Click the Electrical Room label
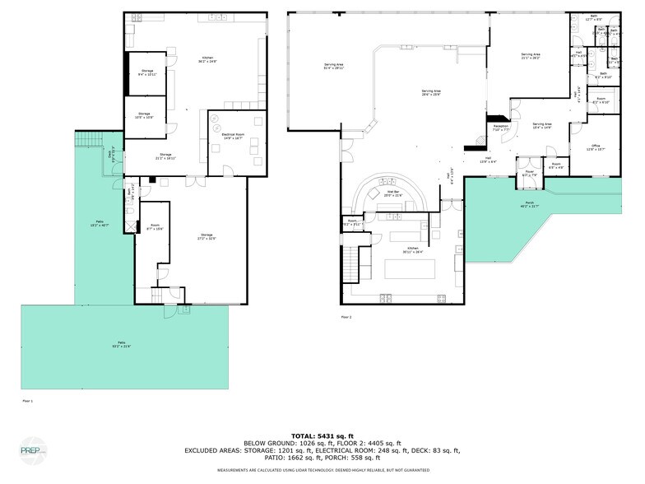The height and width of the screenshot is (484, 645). point(231,136)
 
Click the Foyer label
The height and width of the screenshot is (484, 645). point(528,174)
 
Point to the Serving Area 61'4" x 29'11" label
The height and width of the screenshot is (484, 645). point(333,67)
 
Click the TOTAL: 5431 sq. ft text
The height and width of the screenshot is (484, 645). point(322,435)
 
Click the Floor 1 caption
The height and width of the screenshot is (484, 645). point(27,401)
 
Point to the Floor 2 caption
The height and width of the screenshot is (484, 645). point(346,317)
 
